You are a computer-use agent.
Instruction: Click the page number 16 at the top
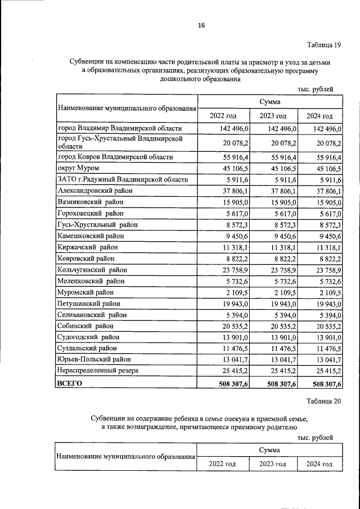201,25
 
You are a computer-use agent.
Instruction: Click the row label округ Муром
78,169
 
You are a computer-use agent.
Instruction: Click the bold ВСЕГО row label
70,383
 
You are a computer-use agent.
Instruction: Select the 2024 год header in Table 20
319,464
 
